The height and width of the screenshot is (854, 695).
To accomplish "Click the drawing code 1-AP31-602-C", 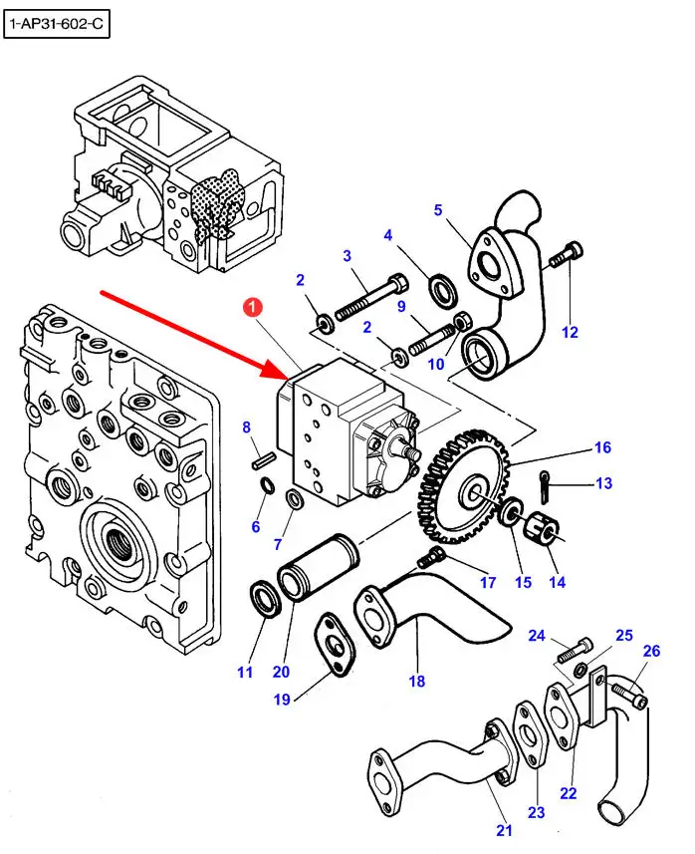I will [x=55, y=24].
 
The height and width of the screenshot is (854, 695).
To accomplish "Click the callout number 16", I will [x=602, y=448].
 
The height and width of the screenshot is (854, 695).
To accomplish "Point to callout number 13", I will [x=603, y=484].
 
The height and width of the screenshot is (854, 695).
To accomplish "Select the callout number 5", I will [x=437, y=209].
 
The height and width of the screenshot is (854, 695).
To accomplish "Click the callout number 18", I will [x=416, y=682].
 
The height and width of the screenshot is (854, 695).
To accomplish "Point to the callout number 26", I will [x=652, y=652].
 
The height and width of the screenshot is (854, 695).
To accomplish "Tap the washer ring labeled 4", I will [x=439, y=289].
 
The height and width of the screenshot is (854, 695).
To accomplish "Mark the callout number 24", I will [x=537, y=635].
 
